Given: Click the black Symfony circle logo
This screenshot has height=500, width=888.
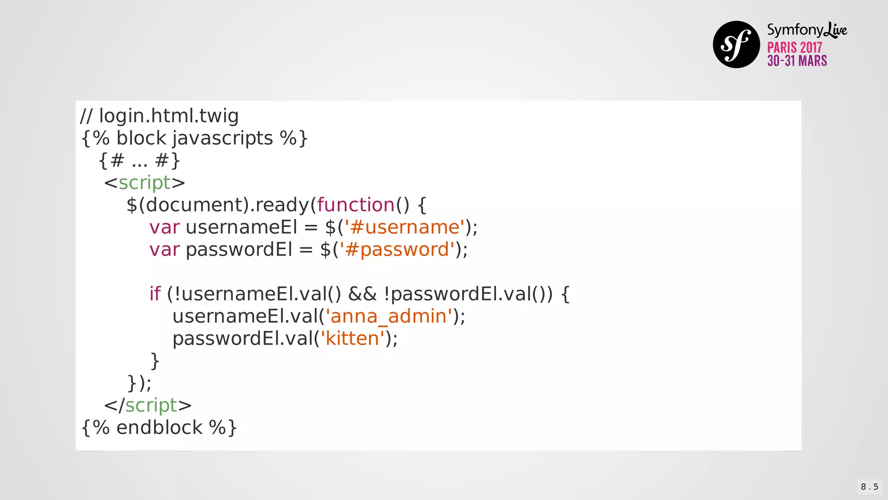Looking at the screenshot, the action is click(736, 44).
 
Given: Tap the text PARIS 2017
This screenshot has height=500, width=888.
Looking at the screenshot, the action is click(794, 47).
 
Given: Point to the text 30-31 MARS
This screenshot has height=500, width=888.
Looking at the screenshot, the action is click(797, 61).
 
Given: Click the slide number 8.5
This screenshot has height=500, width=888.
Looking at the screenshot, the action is click(869, 487).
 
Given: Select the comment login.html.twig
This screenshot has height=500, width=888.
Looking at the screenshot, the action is click(160, 116).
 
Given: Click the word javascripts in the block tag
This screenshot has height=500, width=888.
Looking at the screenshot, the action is click(222, 138).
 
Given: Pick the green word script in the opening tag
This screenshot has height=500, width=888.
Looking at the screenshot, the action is click(145, 183).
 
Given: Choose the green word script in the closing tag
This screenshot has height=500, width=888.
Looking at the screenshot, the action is click(151, 405).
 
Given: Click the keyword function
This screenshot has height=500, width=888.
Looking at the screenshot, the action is click(356, 205).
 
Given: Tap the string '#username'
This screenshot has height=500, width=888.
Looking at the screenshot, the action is click(405, 227).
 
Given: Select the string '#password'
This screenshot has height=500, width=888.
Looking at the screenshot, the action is click(397, 250).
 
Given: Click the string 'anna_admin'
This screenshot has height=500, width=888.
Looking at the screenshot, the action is click(388, 316).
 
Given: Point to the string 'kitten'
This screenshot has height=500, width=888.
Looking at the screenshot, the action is click(352, 339).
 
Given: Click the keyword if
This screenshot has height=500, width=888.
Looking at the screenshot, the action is click(155, 294).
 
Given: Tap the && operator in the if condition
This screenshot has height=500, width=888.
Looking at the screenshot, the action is click(362, 294).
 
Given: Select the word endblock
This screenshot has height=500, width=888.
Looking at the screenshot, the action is click(159, 428).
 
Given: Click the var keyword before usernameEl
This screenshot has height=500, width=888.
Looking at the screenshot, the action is click(164, 227).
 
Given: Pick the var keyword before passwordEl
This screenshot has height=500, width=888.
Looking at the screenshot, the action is click(164, 250).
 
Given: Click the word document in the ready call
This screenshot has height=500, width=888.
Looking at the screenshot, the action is click(196, 205).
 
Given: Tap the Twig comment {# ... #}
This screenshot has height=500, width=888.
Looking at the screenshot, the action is click(139, 161).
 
